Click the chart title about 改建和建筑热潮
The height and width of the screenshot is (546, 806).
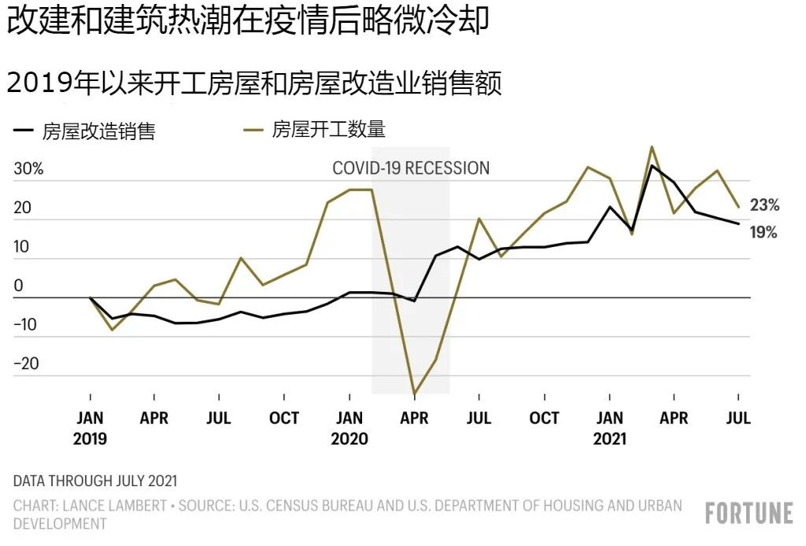coord(248,23)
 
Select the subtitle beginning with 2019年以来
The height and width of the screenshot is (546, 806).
coord(253,83)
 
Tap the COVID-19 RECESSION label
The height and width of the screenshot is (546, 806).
coord(411,168)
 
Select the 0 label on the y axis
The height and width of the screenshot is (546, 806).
coord(18,286)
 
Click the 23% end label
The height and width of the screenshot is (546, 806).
coord(764,205)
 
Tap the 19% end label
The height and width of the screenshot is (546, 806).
coord(763,233)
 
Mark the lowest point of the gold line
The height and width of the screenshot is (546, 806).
coord(414,393)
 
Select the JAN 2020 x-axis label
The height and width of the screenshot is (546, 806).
coord(349,428)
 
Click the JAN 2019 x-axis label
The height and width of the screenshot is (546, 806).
coord(90,428)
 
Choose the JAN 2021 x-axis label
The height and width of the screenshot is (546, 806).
coord(609,428)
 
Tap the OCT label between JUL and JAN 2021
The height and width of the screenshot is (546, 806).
coord(544,419)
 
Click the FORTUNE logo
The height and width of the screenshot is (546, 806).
coord(749,514)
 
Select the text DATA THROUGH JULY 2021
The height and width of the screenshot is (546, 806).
coord(95,480)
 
